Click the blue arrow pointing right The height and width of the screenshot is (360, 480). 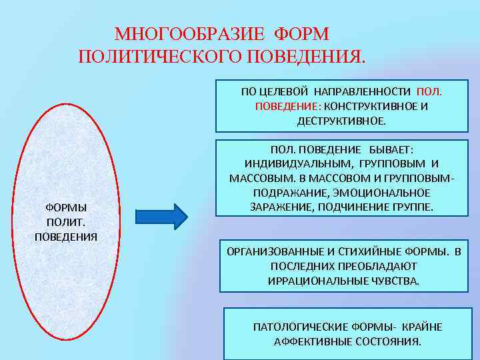163,216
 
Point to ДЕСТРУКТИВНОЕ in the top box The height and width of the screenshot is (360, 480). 341,121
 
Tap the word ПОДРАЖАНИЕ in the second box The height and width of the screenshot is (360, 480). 286,193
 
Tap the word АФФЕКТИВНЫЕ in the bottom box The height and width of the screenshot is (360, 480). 308,342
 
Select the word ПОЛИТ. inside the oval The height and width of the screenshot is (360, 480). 66,222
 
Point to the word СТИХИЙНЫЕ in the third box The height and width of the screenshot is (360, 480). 377,252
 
